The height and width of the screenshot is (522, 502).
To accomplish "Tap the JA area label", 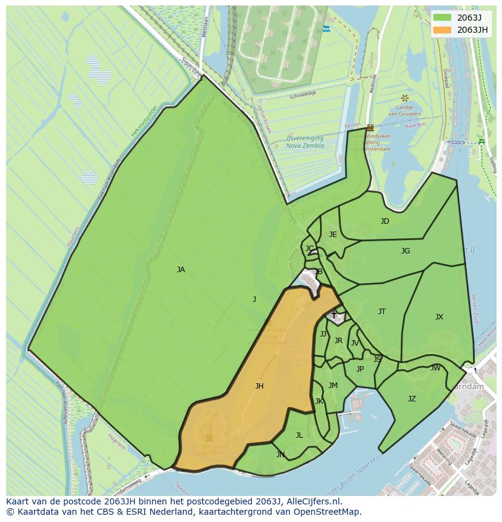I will [x=181, y=270].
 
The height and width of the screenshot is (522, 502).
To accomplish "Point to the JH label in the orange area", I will [x=259, y=386].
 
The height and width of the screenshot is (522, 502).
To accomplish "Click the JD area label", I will [x=385, y=221].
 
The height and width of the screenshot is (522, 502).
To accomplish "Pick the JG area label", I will [x=406, y=251].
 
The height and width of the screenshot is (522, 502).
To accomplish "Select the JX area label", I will [x=439, y=317].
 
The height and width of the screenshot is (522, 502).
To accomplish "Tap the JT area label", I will [x=382, y=312].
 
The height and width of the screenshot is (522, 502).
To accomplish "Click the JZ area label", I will [x=412, y=399].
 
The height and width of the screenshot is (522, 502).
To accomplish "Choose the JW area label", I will [x=435, y=368].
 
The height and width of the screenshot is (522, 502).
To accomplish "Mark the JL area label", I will [x=299, y=435].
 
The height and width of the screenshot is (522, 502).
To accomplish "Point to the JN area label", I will [x=281, y=455].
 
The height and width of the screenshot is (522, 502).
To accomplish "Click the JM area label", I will [x=333, y=386].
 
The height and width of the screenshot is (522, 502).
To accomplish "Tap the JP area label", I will [x=360, y=369].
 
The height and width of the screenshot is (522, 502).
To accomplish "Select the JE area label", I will [x=333, y=235].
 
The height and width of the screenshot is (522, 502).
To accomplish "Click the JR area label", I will [x=338, y=341].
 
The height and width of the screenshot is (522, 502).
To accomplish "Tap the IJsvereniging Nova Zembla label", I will [x=305, y=142].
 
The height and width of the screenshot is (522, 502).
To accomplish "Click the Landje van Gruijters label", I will [x=405, y=110].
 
